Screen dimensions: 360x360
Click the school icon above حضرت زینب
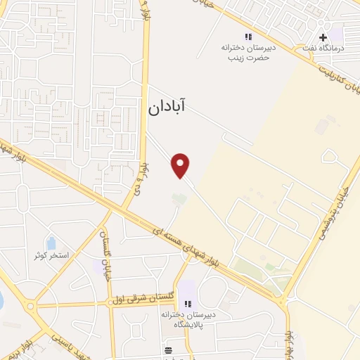pos(247,36)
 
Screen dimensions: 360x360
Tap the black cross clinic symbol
pos(323,37)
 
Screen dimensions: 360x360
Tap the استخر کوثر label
pos(51,255)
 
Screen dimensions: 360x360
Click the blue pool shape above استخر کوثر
pos(51,243)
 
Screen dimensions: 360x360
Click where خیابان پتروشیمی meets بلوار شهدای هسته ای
pos(284,301)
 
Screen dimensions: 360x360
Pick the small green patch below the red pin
pos(180,200)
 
